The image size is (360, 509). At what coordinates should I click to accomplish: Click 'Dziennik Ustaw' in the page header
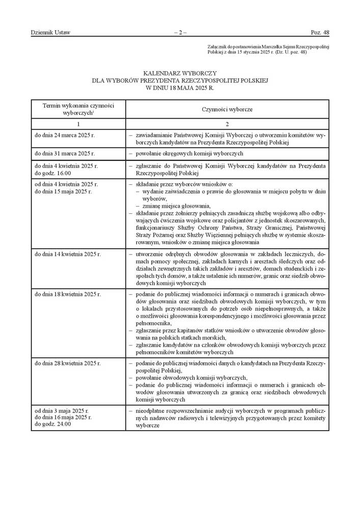(50, 33)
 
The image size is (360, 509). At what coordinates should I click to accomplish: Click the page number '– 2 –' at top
(180, 33)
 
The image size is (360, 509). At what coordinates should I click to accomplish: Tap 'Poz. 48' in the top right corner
(320, 33)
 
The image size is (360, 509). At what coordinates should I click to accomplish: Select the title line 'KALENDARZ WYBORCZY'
(180, 73)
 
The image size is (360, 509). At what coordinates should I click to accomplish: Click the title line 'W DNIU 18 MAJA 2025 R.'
(180, 88)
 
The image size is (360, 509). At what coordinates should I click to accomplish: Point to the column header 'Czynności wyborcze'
(227, 109)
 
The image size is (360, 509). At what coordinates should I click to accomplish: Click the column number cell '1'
(78, 124)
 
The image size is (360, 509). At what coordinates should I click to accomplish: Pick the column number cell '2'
(227, 124)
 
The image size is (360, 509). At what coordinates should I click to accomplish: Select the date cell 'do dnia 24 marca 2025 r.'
(65, 136)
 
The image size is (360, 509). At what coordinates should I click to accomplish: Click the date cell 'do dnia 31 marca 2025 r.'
(65, 153)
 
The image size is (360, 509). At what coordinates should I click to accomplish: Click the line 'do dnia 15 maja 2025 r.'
(63, 191)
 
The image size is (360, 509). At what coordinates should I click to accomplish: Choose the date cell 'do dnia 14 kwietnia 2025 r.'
(68, 253)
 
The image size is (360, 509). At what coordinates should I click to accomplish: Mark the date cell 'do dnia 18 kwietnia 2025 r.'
(68, 294)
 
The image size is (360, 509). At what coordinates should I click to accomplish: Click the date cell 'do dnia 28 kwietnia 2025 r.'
(68, 363)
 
